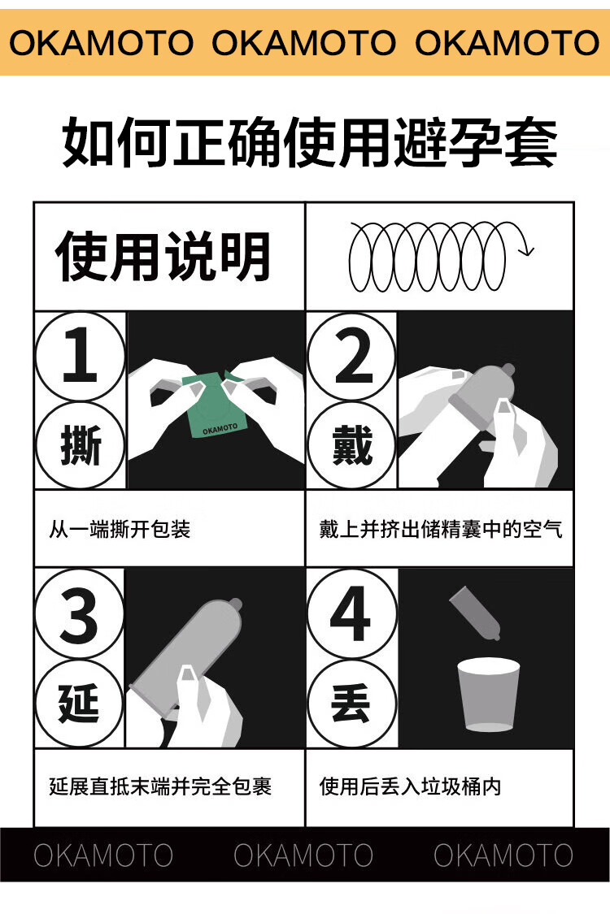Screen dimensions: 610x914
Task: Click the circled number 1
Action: [x=80, y=356]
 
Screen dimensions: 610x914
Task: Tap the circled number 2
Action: [x=351, y=356]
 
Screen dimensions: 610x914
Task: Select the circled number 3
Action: [x=80, y=614]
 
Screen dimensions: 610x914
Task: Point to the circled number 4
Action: [x=351, y=614]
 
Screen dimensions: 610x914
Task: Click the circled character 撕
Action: [x=80, y=445]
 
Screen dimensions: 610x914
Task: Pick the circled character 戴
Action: [x=351, y=444]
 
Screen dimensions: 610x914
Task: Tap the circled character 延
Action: [x=80, y=703]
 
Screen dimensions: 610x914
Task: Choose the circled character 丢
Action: [x=351, y=703]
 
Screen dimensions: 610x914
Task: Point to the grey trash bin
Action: [x=488, y=695]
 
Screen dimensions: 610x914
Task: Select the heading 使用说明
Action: [x=163, y=257]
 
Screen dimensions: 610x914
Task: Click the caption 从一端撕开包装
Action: [x=120, y=529]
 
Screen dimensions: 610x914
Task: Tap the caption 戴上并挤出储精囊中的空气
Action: [x=441, y=529]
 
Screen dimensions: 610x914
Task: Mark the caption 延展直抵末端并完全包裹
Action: [x=160, y=786]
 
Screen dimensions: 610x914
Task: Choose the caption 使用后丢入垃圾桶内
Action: [x=410, y=786]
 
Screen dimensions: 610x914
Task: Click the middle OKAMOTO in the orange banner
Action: [x=303, y=42]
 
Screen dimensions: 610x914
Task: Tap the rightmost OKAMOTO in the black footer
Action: [x=503, y=856]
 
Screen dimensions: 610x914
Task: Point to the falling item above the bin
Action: [x=476, y=612]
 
